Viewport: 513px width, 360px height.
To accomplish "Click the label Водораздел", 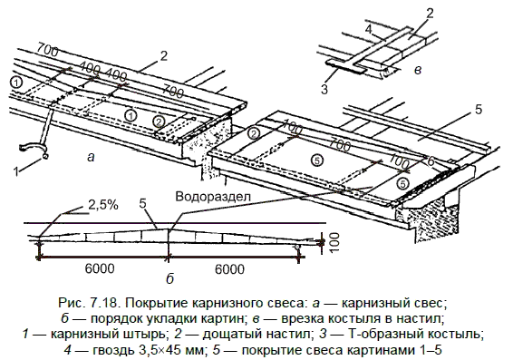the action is [213, 197].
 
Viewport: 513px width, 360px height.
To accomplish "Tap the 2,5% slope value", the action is [102, 205].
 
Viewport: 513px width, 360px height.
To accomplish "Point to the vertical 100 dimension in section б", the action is [334, 242].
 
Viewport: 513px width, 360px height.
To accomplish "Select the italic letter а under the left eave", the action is [91, 158].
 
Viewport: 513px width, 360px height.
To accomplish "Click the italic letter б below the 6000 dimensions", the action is [169, 279].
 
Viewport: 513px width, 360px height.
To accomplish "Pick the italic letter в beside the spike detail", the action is [418, 70].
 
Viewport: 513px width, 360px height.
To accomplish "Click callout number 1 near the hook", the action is [16, 170].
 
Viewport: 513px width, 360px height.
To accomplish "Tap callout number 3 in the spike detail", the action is [324, 89].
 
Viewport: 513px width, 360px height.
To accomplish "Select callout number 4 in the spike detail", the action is [369, 30].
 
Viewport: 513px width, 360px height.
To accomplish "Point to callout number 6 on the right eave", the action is [431, 161].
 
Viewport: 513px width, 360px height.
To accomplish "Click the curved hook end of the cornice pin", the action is [32, 147].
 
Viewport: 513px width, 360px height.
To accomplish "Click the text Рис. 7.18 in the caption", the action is [88, 303].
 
